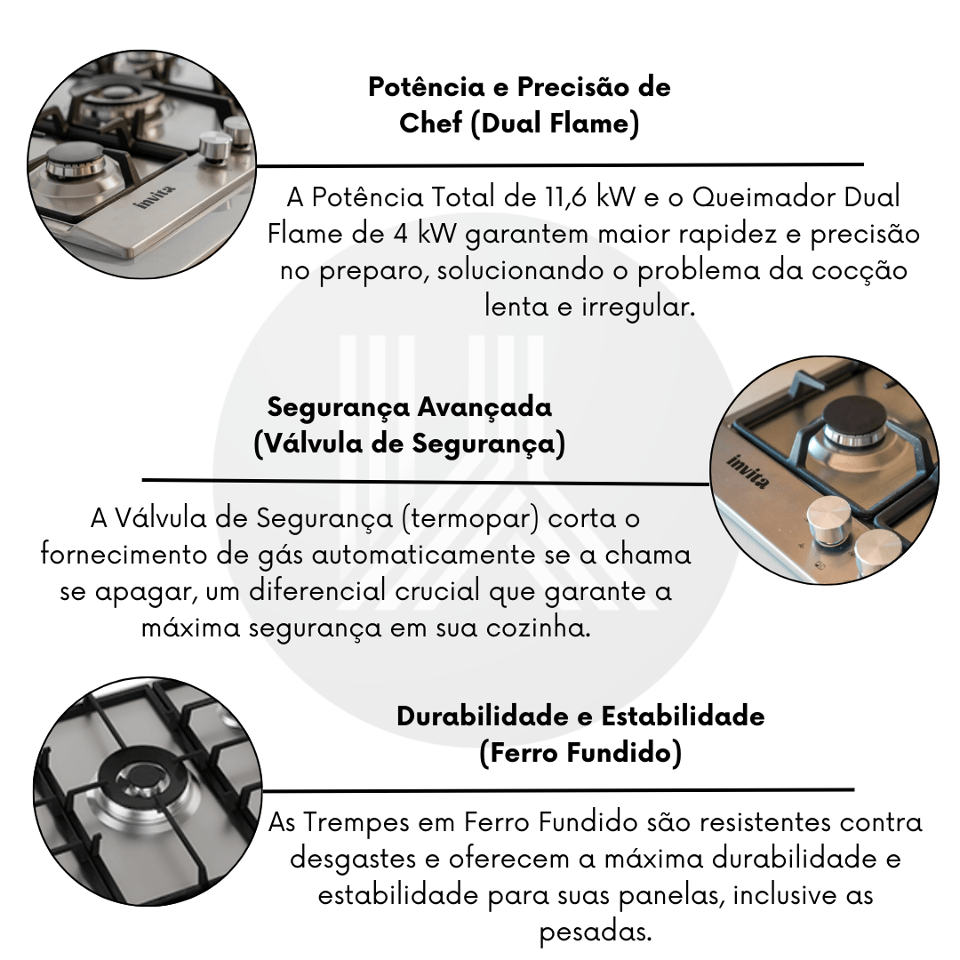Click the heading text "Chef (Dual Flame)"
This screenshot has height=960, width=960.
[519, 123]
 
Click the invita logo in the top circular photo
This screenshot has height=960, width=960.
[154, 197]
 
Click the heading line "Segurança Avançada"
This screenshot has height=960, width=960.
[410, 407]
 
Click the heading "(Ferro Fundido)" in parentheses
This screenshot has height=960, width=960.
[580, 753]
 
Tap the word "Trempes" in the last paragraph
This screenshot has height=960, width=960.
[356, 822]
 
